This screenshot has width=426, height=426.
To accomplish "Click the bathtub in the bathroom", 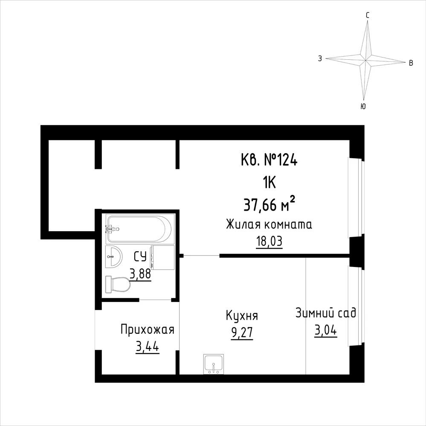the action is click(x=139, y=229).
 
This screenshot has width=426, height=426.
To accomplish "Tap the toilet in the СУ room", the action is click(x=118, y=284).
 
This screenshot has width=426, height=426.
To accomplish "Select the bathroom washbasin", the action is click(x=114, y=257).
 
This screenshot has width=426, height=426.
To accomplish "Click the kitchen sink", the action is click(x=214, y=364).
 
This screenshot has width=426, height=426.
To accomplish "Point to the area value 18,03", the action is click(x=269, y=241).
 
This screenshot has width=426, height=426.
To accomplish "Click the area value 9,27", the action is click(x=242, y=333).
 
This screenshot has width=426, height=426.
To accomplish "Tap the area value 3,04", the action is click(x=326, y=330).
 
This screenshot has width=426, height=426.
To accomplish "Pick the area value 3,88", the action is click(x=140, y=274).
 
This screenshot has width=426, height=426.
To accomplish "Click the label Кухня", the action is click(x=242, y=316).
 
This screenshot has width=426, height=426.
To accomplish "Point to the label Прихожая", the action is click(x=147, y=330).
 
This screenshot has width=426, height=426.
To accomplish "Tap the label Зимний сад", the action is click(x=326, y=313).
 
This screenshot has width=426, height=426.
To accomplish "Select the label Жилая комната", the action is click(x=269, y=225).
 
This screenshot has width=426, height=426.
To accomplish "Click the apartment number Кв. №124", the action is click(x=269, y=160).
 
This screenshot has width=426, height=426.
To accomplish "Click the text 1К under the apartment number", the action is click(x=269, y=183).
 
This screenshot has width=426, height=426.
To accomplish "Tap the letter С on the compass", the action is click(x=368, y=16).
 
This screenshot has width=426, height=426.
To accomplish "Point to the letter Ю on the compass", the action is click(x=363, y=107).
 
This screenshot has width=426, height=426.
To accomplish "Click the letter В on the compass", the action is click(x=411, y=63).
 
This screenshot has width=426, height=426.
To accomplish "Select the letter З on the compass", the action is click(x=320, y=58).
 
